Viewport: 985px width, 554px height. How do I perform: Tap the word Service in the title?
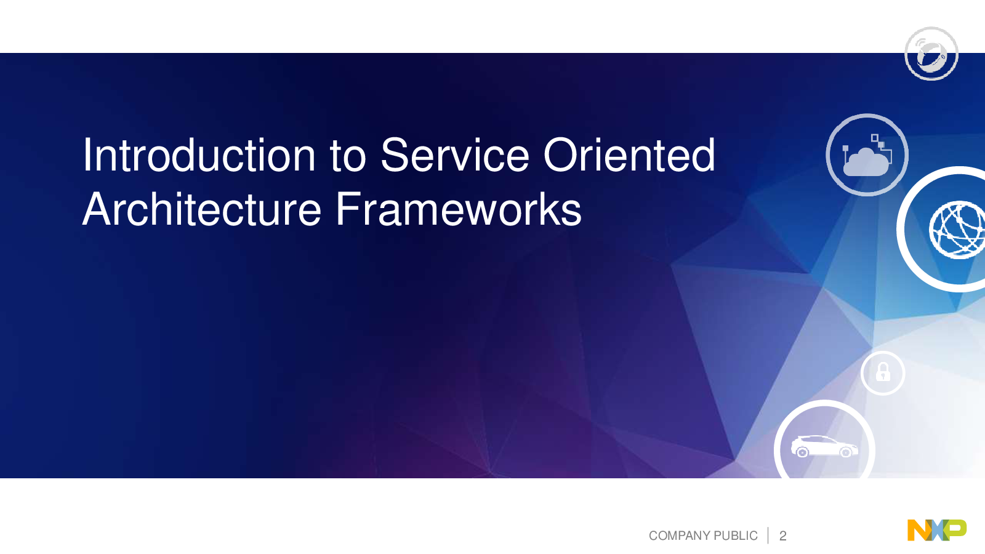pos(455,155)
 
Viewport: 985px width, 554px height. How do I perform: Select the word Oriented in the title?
pos(629,155)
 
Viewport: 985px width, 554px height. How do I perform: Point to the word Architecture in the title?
pos(202,209)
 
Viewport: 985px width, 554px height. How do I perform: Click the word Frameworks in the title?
pos(459,209)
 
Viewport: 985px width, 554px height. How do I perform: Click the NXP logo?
pos(936,530)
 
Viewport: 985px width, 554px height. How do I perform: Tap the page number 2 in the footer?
pos(782,536)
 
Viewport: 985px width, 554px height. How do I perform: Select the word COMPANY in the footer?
pos(680,536)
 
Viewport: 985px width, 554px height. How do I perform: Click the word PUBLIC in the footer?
pos(736,536)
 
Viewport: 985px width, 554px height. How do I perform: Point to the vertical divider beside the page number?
pos(768,536)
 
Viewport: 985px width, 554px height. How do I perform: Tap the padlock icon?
pos(883,372)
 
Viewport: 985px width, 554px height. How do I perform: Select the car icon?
pos(824,447)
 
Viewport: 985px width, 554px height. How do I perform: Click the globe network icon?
pos(957,230)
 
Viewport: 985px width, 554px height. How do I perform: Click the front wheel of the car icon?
pos(846,452)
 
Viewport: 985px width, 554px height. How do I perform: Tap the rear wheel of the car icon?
pos(802,452)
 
